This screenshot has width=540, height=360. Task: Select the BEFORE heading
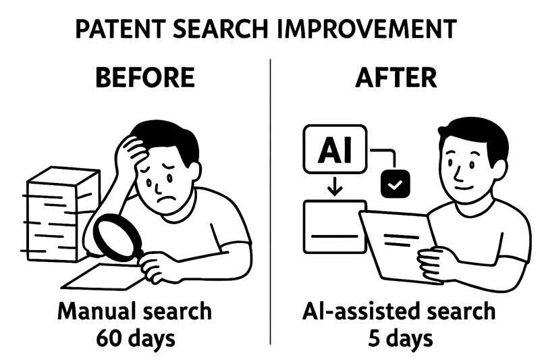point(144,78)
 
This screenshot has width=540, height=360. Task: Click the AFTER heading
point(396,78)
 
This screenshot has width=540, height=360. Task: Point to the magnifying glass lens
point(113,237)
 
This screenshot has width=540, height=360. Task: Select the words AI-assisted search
point(398,311)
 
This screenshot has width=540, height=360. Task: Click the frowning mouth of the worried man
point(162,201)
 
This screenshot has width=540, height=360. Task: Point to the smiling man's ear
point(446,166)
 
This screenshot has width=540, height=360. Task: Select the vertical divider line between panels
point(270,203)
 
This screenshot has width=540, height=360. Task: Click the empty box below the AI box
point(334,226)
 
